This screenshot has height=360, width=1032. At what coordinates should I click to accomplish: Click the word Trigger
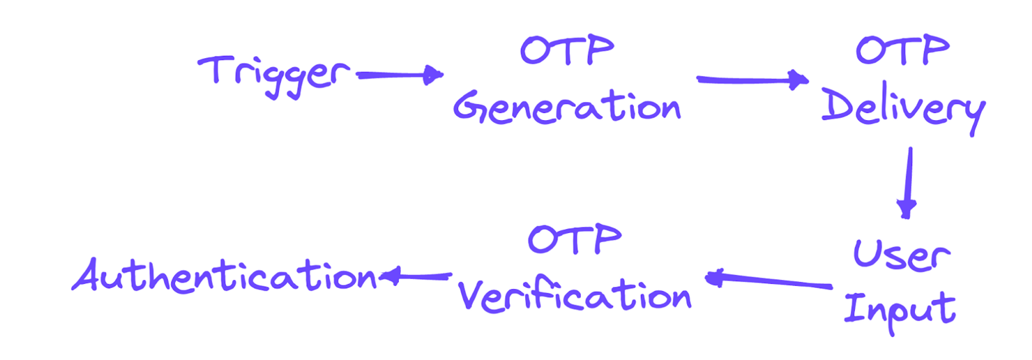(273, 75)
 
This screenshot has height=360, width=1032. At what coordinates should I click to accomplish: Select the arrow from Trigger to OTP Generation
(400, 75)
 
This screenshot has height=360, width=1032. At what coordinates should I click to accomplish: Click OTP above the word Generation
(567, 50)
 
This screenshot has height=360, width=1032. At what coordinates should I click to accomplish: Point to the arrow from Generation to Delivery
(752, 80)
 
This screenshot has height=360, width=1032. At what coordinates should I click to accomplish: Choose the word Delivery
(903, 108)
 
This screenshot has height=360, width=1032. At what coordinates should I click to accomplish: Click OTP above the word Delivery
(903, 50)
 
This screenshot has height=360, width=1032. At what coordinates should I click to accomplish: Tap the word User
(902, 255)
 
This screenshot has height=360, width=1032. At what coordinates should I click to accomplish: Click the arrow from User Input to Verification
(769, 281)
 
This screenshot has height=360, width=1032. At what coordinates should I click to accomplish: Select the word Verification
(574, 297)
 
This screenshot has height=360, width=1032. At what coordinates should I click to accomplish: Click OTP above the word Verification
(575, 239)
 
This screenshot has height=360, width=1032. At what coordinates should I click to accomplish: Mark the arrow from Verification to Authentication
(416, 276)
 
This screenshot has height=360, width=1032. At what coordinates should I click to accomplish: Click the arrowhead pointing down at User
(907, 208)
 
